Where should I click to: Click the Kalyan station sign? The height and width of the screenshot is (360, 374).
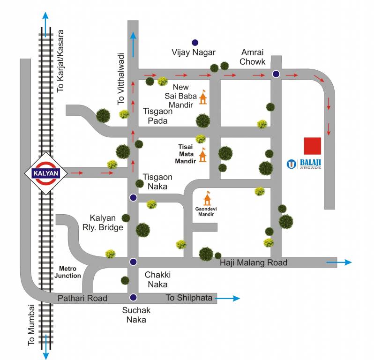tap(45, 172)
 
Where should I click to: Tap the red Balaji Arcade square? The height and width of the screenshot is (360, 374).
tap(312, 146)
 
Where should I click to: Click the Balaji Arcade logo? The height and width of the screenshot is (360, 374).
tap(292, 164)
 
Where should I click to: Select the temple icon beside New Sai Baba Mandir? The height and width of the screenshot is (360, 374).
tap(203, 97)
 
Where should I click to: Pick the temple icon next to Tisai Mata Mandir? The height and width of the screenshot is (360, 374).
tap(203, 155)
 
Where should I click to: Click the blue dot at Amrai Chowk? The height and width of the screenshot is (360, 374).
tap(276, 74)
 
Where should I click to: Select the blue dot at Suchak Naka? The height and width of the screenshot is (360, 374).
tap(134, 297)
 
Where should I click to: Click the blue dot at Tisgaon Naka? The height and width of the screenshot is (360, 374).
tap(134, 197)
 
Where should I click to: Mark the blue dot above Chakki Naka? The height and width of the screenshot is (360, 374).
tap(134, 262)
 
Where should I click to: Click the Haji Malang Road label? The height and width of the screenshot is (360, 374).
tap(253, 262)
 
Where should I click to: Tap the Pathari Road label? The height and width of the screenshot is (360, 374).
tap(82, 298)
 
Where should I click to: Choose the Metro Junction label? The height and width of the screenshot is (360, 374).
tap(70, 272)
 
